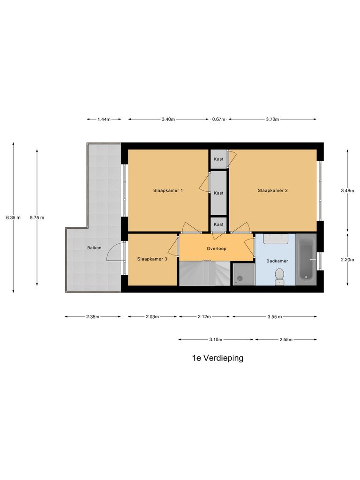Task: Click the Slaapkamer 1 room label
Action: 168,190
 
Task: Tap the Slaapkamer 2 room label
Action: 272,190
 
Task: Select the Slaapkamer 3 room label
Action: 152,259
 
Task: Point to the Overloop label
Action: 216,248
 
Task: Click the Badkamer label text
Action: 277,261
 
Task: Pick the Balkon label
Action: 94,247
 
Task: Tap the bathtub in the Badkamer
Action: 306,259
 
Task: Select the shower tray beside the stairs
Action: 243,273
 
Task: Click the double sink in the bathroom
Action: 275,239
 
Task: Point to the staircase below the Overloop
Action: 204,274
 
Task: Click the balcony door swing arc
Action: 114,252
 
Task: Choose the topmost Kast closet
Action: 218,159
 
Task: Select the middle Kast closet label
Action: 218,193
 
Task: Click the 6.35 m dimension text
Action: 13,217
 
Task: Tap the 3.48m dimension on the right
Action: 347,190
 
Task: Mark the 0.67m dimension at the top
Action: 219,120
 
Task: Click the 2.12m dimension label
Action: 205,317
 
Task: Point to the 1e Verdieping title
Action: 217,358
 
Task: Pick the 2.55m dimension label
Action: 285,339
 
